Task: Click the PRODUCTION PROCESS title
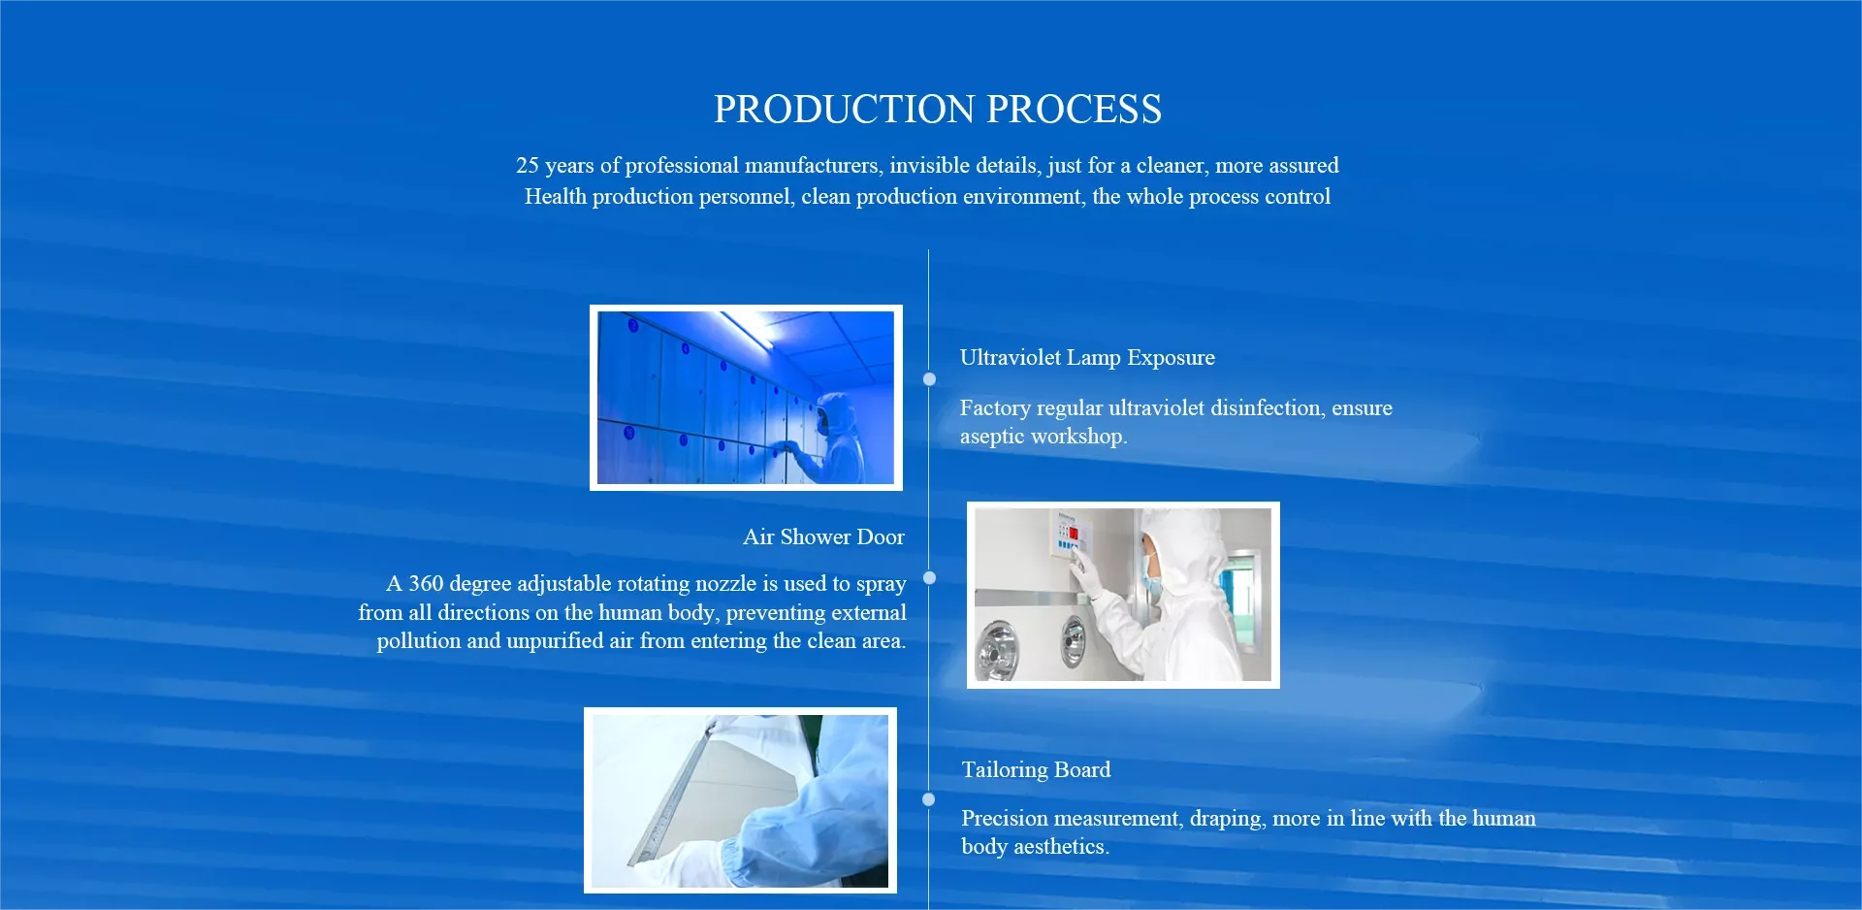938,109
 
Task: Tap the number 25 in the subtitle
528,166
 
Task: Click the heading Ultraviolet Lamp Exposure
1087,357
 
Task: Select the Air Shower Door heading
823,536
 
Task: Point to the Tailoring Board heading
1036,769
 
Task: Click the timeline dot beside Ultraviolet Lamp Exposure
929,379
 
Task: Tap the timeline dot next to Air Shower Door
929,578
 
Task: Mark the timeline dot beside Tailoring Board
929,799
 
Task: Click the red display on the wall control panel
1074,533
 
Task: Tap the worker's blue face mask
1150,583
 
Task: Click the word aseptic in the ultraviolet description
991,437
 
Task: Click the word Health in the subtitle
556,197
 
